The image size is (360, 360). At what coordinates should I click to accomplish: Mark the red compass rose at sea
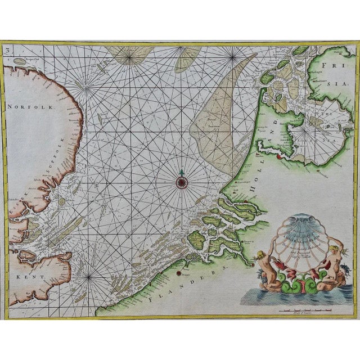click(182, 181)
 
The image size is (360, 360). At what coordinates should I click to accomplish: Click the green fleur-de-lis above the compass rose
click(182, 171)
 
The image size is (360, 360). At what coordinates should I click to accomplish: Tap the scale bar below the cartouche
click(292, 308)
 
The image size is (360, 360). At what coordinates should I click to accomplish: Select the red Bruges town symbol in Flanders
click(179, 273)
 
